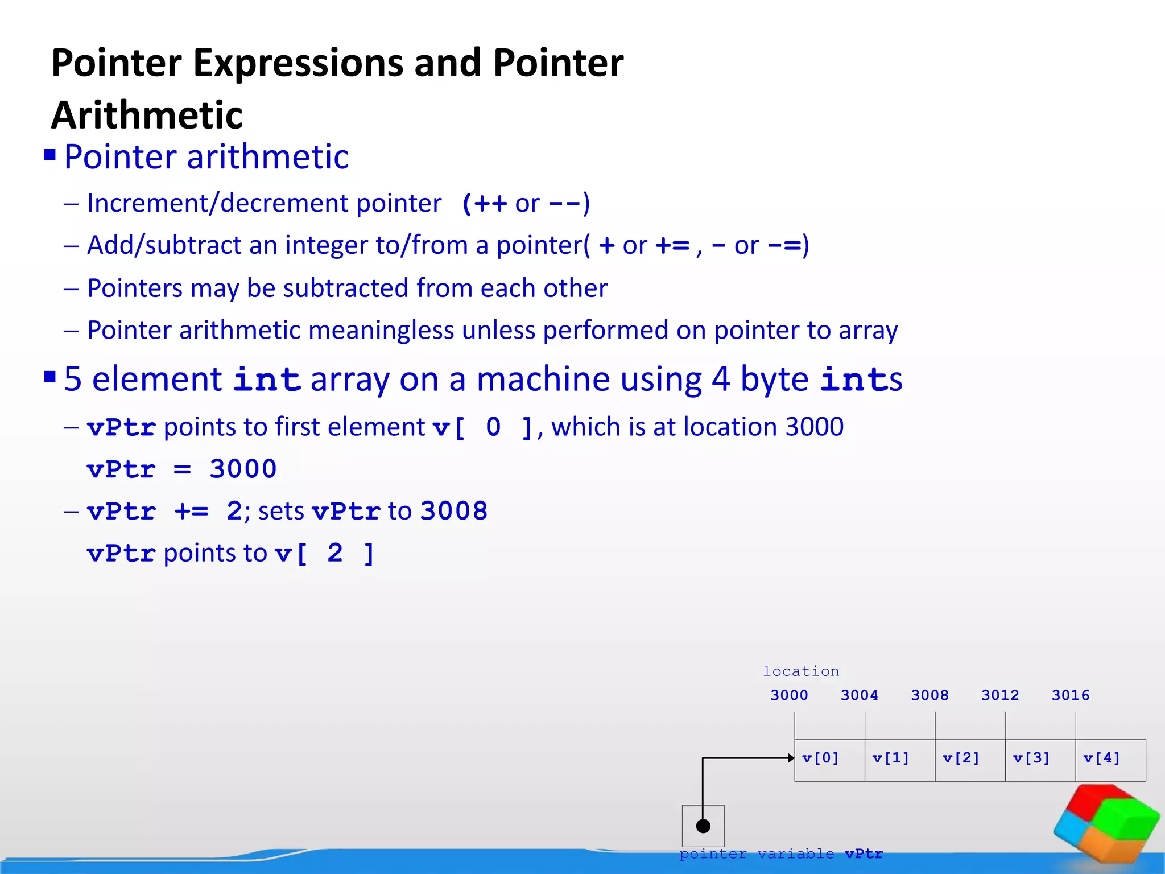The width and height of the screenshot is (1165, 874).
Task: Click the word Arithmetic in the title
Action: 147,116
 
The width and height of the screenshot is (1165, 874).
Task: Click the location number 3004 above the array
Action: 859,695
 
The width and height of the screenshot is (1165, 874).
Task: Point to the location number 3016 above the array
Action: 1070,695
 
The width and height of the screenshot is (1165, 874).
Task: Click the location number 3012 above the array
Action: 999,695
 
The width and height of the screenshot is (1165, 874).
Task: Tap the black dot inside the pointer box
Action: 703,826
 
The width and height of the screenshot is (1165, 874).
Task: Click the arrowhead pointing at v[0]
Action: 791,758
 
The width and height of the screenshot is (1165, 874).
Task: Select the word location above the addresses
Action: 800,671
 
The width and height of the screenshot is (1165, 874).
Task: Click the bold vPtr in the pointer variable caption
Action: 864,854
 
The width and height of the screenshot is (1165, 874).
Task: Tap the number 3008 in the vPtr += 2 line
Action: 454,511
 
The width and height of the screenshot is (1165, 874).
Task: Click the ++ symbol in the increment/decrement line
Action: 490,204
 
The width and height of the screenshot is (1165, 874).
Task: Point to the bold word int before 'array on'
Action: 267,380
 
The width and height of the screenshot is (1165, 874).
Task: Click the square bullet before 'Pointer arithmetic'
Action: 50,155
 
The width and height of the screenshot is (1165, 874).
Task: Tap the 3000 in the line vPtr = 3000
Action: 243,469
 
